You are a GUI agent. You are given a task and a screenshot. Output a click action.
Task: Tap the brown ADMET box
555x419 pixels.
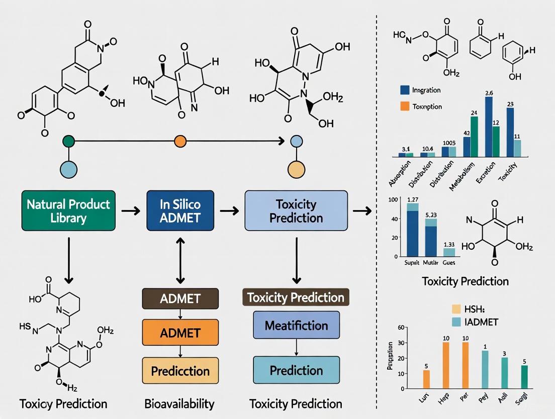tap(180, 298)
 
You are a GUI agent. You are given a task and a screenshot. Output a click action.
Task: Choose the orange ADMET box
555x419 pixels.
tap(180, 332)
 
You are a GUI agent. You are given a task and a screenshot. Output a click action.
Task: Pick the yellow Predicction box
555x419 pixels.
tap(180, 371)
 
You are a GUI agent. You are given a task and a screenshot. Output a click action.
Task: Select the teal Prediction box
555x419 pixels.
tap(296, 371)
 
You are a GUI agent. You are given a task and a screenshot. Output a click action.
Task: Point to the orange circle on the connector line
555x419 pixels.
tap(180, 142)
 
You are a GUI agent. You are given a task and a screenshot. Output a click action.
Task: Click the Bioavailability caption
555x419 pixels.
tap(179, 403)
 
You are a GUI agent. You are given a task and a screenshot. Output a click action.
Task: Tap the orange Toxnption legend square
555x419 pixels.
tap(405, 107)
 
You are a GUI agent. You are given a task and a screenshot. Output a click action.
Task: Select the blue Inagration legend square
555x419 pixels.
tap(405, 90)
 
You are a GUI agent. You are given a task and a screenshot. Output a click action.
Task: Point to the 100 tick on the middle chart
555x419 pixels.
tap(393, 200)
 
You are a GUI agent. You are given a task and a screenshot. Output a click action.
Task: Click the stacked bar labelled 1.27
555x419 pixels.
tap(412, 230)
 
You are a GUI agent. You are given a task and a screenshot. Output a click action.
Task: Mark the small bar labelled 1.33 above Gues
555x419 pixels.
tap(449, 252)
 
